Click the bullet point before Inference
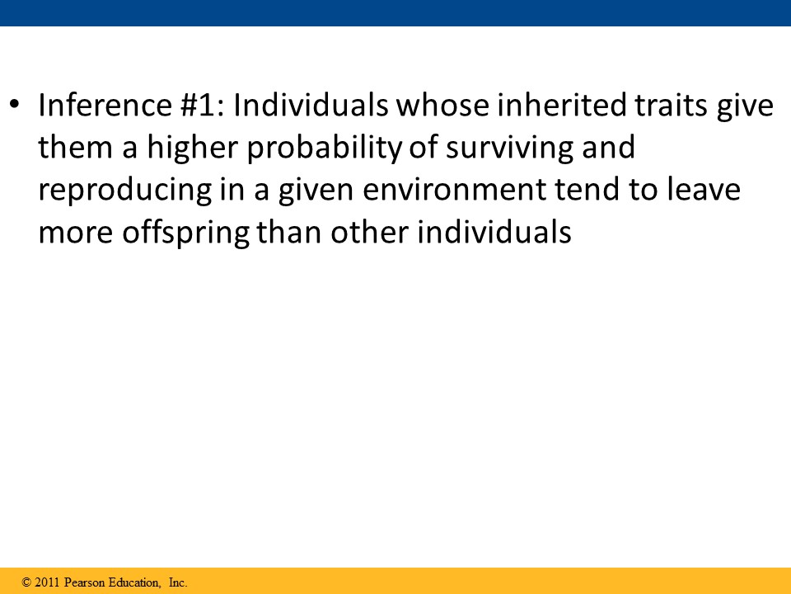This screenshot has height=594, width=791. tap(15, 105)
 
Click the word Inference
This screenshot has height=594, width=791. tap(105, 105)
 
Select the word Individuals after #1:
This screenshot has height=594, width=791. tap(311, 105)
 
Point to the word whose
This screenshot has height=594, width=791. tap(442, 105)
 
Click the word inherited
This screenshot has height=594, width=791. tap(561, 105)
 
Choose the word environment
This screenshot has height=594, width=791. tap(454, 191)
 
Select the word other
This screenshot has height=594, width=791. tap(370, 233)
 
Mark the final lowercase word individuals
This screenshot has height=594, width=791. tap(494, 233)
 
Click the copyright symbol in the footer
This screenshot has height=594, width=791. tap(26, 582)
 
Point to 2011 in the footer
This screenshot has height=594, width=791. tap(48, 582)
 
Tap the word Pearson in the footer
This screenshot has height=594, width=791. tap(85, 582)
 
